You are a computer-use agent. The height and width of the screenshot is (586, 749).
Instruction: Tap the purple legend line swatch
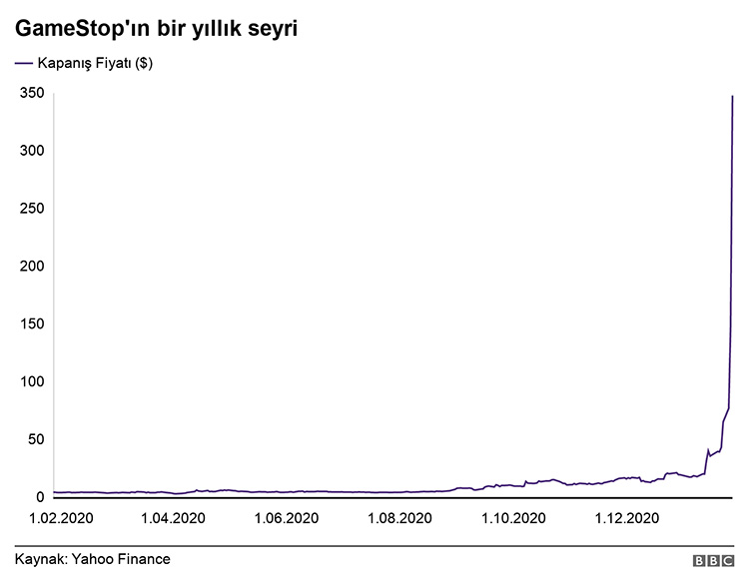23,64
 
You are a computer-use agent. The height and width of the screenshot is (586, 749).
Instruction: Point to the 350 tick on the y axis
32,94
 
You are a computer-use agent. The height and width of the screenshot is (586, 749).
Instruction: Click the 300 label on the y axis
32,151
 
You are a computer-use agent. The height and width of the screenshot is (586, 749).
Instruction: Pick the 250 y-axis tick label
32,209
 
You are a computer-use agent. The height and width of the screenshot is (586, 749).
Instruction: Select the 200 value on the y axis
32,267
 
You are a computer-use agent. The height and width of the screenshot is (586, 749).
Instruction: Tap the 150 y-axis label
32,324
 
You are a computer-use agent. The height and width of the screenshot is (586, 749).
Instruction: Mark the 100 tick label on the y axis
32,382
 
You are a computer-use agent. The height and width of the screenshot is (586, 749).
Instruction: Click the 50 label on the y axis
36,440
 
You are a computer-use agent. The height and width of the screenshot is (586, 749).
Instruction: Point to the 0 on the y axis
40,497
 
